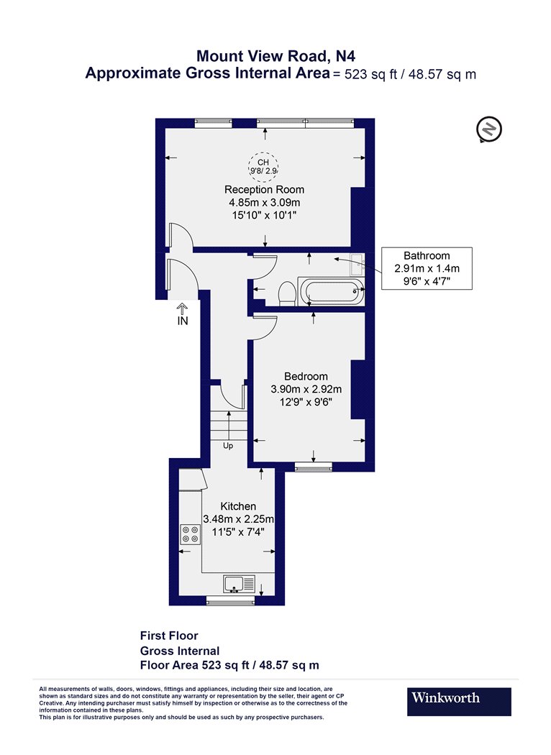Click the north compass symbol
click(x=489, y=129)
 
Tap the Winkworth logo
click(x=459, y=702)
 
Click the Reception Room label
click(x=265, y=190)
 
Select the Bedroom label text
click(x=306, y=377)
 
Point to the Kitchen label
click(x=238, y=506)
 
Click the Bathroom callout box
click(x=427, y=268)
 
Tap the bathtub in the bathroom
click(x=331, y=291)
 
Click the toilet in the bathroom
click(x=287, y=293)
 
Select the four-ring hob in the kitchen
click(x=190, y=534)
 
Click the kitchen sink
click(x=239, y=584)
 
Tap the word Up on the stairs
click(x=228, y=446)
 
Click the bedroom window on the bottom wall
click(x=314, y=467)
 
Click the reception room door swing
click(x=181, y=236)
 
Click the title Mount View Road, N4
click(x=276, y=56)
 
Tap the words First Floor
click(x=169, y=636)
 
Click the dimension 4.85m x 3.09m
click(x=265, y=202)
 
